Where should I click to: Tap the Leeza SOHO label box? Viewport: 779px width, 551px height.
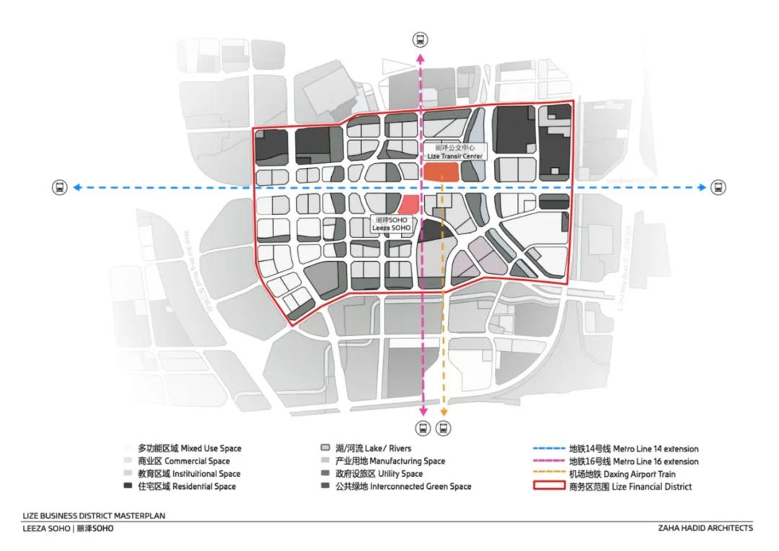391,223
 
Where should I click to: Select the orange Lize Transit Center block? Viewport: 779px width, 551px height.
441,171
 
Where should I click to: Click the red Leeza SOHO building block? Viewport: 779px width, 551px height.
409,205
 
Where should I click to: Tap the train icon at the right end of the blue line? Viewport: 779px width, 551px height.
718,188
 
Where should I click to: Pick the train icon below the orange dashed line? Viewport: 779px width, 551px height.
443,427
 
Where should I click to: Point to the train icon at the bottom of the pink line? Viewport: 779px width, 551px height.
423,427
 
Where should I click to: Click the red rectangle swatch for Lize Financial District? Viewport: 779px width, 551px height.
549,486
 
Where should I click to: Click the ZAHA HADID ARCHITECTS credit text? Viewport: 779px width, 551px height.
705,528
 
